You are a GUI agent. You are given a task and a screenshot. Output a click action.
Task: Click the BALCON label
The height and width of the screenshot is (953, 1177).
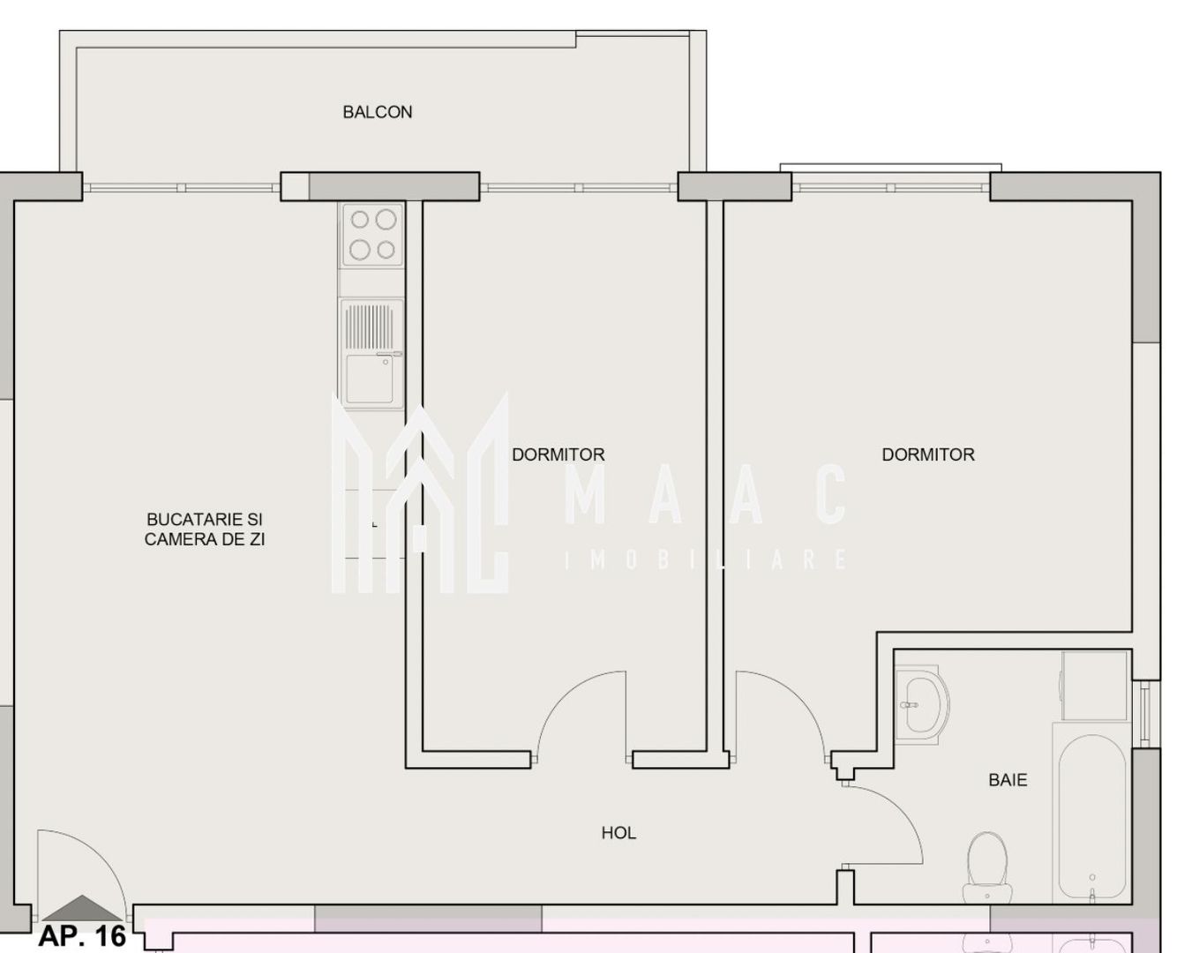click(x=377, y=112)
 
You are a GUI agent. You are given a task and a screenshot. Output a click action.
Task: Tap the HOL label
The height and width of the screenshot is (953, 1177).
click(x=618, y=833)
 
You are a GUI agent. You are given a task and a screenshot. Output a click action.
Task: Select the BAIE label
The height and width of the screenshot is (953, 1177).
click(x=1008, y=780)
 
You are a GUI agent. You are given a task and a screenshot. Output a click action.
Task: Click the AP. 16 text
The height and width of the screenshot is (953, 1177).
click(x=82, y=936)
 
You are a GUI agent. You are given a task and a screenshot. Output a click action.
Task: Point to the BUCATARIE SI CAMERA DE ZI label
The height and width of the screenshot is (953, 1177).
click(x=205, y=529)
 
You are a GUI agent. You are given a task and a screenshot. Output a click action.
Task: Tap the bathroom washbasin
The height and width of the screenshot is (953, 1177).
click(x=921, y=706)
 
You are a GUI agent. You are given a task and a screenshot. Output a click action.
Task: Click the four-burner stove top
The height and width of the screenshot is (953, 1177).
click(x=371, y=235)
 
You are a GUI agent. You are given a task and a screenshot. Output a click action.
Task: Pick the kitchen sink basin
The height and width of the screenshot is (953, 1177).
click(x=370, y=379)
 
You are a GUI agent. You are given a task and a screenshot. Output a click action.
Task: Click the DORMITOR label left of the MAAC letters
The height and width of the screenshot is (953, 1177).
click(x=559, y=454)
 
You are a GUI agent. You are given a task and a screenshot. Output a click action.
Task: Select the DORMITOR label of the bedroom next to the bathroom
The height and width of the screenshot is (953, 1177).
click(x=928, y=454)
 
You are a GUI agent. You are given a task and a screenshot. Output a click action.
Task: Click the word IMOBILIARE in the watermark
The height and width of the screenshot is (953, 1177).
click(x=706, y=559)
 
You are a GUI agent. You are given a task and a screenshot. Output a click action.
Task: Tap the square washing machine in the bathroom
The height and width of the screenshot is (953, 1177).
click(x=1095, y=686)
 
